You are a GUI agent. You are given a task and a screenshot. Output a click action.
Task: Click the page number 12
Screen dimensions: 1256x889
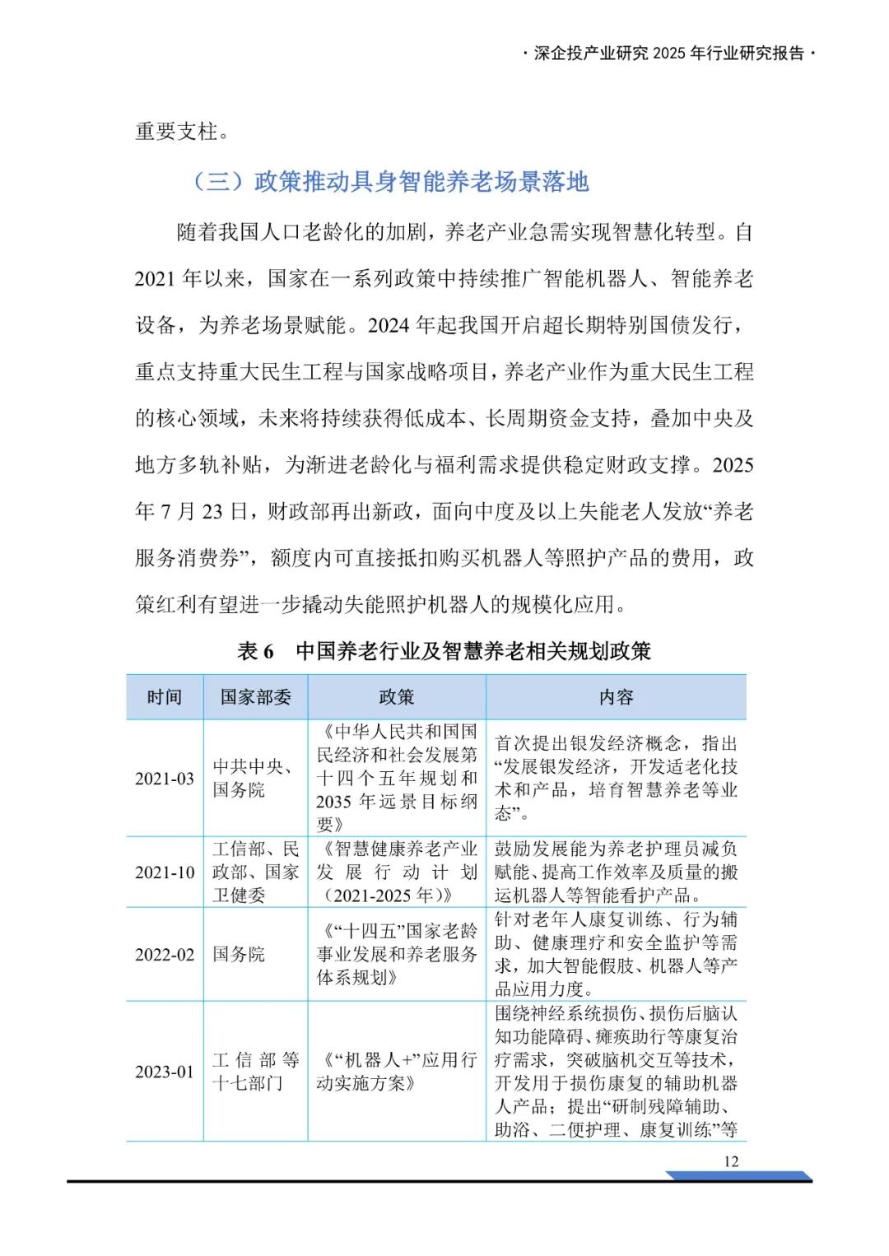coord(731,1161)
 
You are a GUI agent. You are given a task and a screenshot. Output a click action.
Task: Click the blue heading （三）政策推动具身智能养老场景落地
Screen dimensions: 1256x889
coord(390,181)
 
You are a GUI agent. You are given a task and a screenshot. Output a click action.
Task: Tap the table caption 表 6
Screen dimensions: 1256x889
coord(255,651)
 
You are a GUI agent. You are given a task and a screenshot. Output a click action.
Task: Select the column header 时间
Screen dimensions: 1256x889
coord(165,697)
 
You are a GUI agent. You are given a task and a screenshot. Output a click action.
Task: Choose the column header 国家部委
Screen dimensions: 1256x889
coord(255,697)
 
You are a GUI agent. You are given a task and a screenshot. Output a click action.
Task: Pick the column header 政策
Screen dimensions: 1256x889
coord(396,697)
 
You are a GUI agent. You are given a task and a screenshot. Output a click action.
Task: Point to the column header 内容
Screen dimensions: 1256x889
coord(616,697)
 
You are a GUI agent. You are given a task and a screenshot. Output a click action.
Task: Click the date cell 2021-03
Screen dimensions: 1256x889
coord(165,778)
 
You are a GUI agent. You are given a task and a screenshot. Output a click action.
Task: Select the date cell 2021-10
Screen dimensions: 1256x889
coord(165,872)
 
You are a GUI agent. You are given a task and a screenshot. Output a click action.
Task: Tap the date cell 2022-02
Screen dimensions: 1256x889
coord(165,954)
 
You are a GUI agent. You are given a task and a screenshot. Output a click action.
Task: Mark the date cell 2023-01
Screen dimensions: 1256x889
coord(165,1071)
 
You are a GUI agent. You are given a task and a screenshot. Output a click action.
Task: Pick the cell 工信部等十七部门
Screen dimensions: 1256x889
coord(255,1071)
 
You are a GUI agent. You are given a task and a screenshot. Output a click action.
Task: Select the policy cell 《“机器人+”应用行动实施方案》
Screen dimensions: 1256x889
coord(396,1071)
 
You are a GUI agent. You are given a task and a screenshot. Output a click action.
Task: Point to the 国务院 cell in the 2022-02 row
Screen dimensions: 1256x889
coord(239,954)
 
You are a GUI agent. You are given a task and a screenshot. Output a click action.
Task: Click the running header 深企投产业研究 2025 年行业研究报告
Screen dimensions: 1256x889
coord(669,53)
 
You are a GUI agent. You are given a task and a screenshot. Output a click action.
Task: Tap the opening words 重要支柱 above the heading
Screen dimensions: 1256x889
coord(176,131)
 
